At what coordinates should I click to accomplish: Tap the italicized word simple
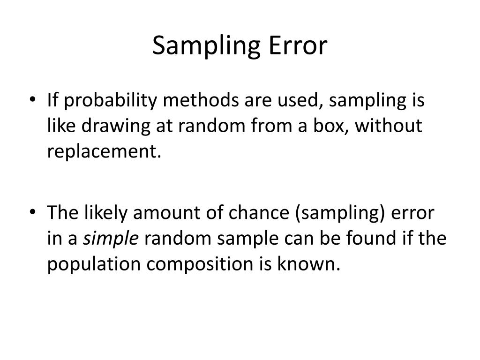[x=111, y=239]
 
